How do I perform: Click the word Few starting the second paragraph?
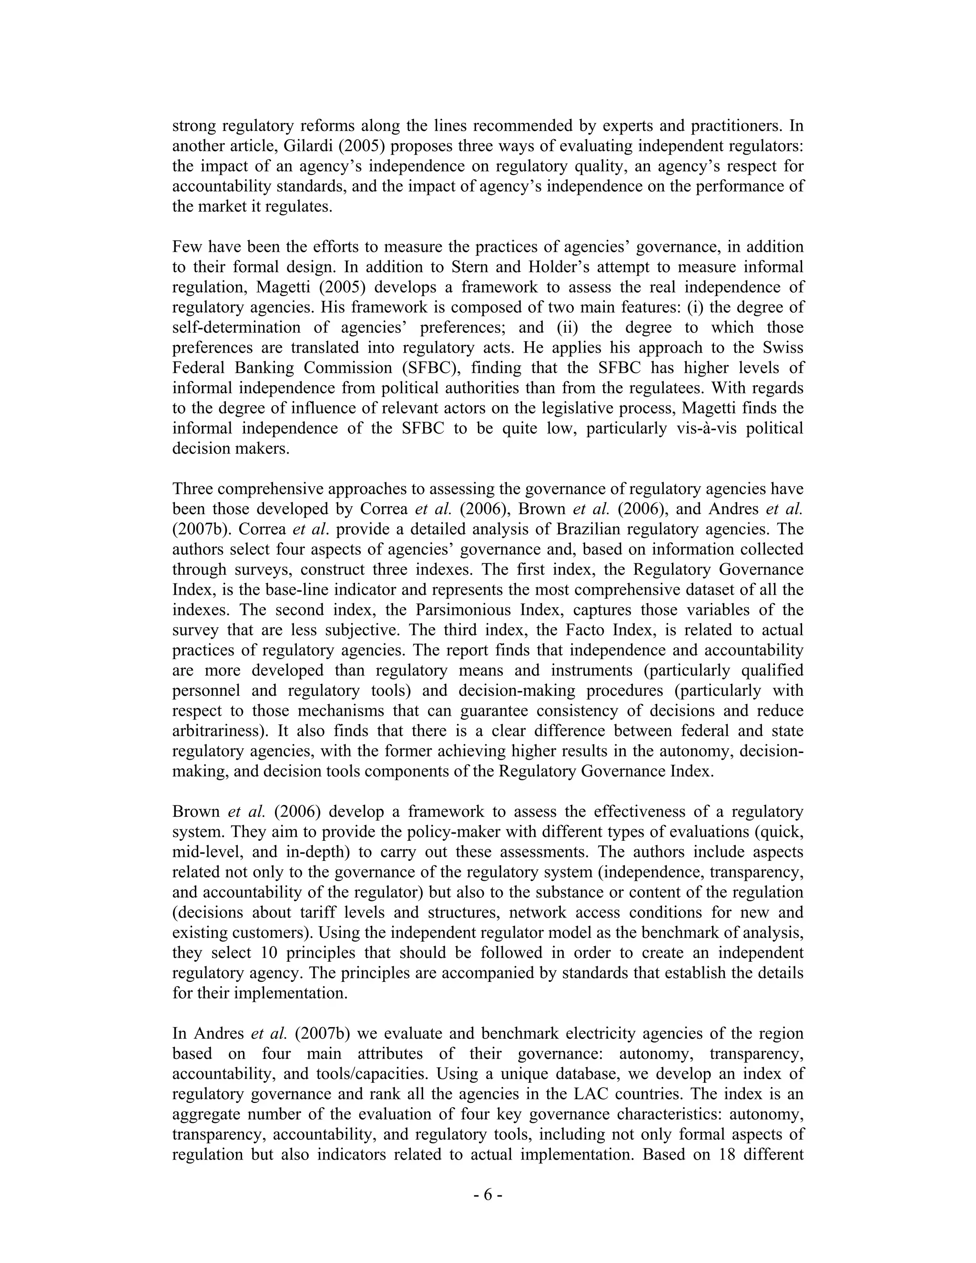187,247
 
